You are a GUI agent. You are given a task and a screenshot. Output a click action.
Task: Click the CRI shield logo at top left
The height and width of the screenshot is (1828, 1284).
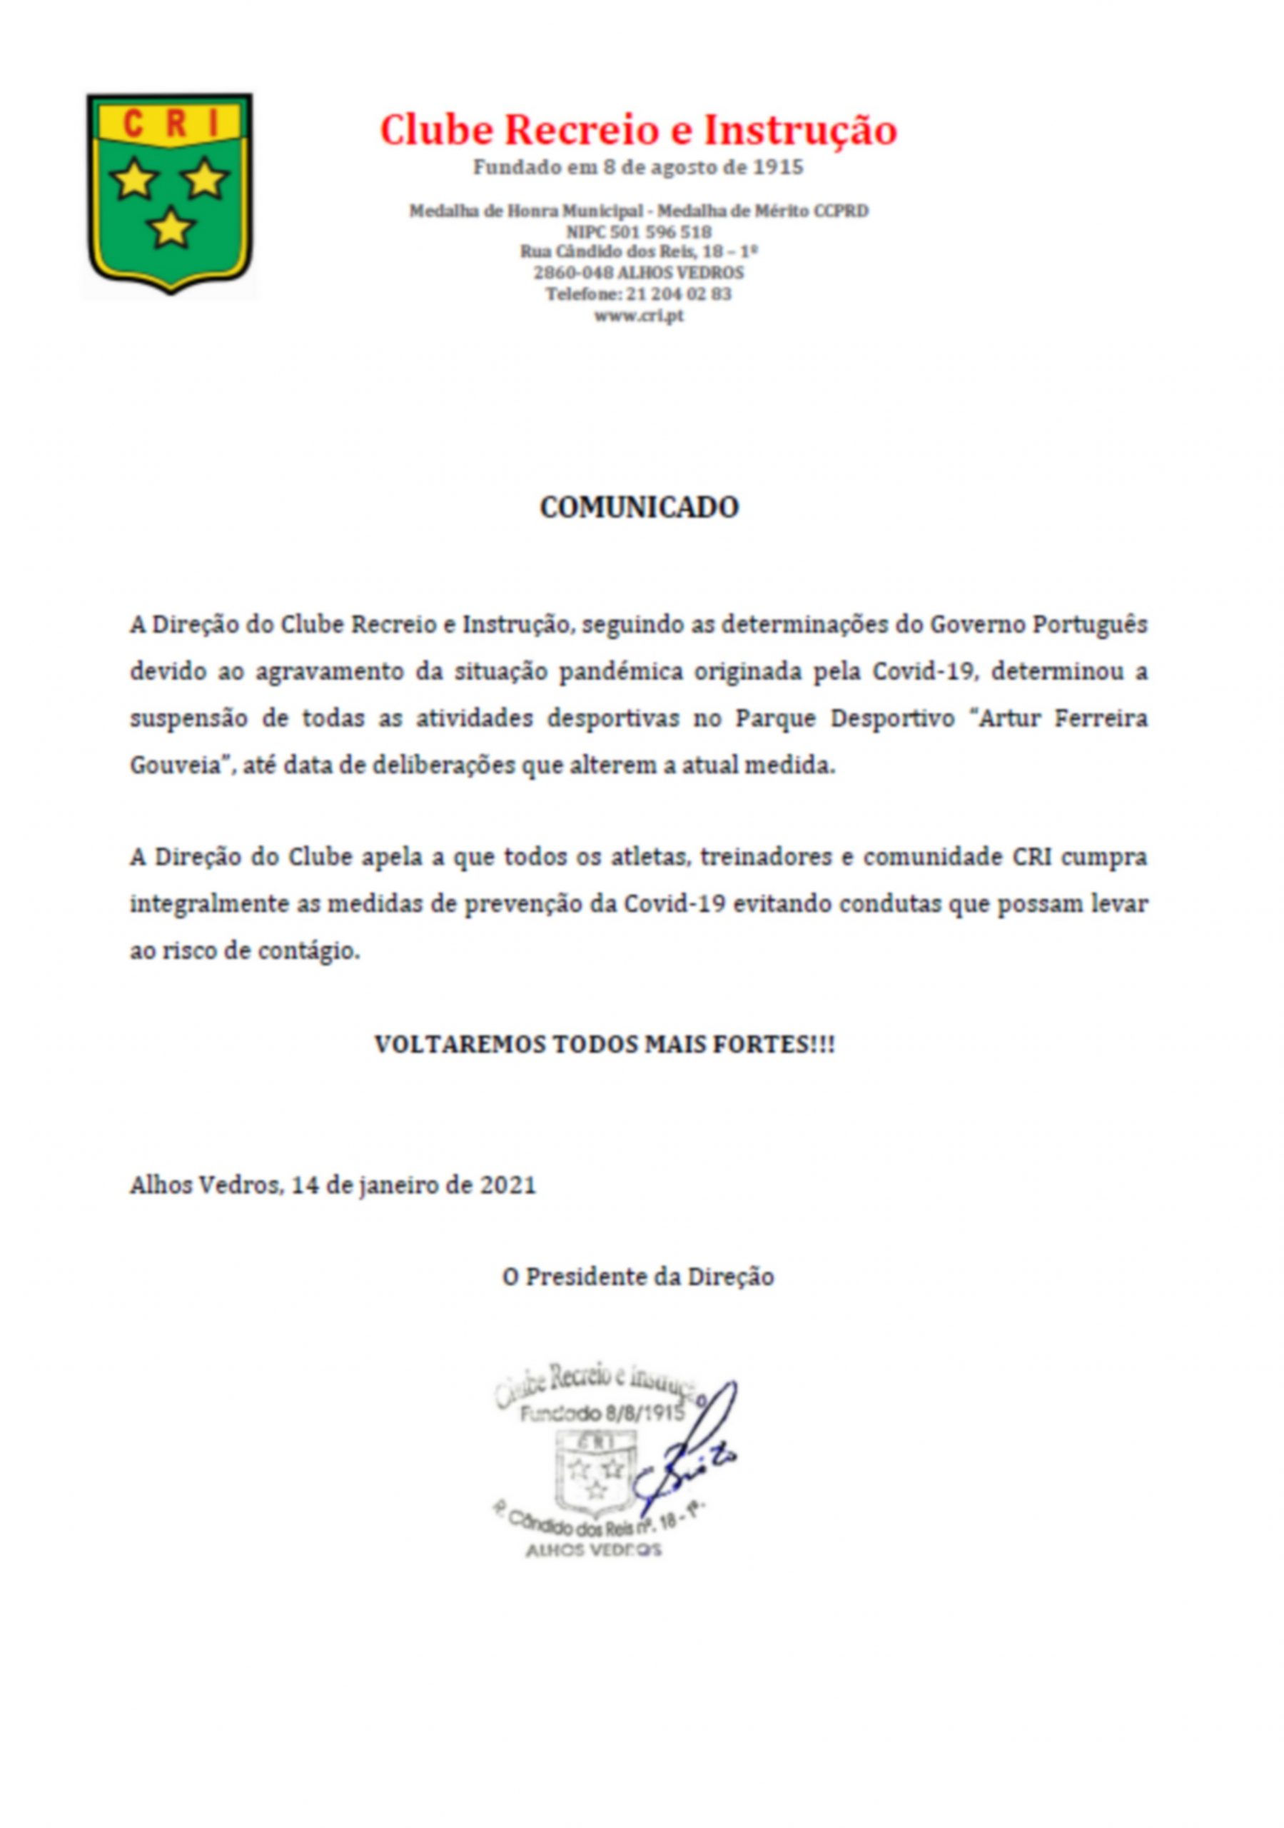170,193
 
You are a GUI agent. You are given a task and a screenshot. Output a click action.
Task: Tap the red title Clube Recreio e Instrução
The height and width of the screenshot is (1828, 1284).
637,131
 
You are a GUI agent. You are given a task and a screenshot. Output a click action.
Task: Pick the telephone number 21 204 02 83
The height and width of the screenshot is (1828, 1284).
679,293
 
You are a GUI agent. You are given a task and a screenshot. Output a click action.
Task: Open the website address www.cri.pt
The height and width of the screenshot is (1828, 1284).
638,316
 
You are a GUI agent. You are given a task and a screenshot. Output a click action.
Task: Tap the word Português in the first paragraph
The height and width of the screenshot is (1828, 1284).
1090,625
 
